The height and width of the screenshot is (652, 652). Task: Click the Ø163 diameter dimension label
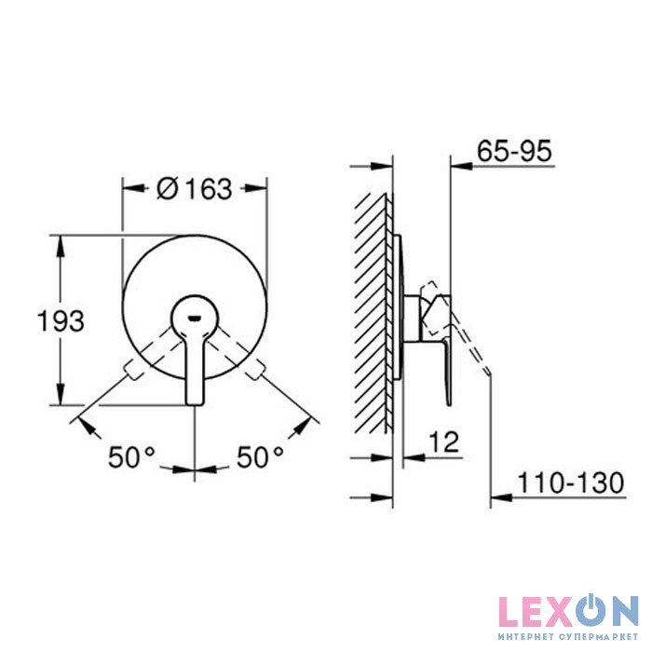[194, 189]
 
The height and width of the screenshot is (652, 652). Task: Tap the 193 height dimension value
[61, 321]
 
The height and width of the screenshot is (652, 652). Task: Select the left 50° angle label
[131, 457]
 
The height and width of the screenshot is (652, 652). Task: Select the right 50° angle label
[260, 457]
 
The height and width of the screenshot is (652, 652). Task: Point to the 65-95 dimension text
[514, 151]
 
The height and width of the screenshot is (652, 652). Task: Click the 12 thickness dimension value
[444, 441]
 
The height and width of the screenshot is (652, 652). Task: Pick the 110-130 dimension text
[570, 482]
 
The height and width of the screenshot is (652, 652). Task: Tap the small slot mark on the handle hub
[194, 319]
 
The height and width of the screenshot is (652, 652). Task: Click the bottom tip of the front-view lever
[194, 404]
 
